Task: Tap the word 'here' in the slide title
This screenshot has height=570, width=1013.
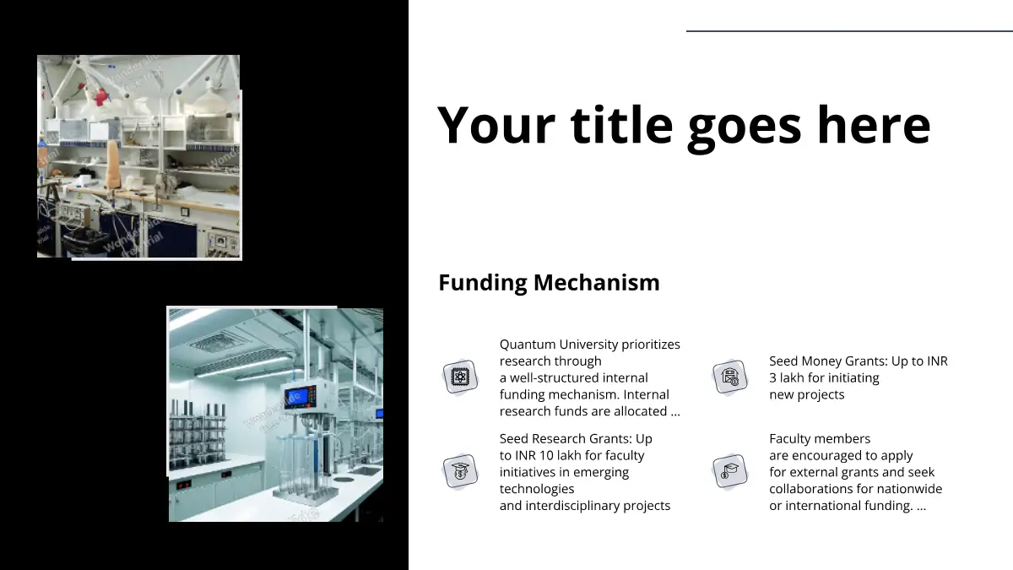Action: tap(874, 123)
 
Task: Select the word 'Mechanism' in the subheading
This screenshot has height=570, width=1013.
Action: tap(597, 282)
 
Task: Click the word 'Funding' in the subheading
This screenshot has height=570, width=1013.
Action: tap(483, 283)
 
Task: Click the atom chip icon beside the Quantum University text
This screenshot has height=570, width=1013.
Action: tap(460, 377)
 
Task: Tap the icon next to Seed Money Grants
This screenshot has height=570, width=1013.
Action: tap(730, 377)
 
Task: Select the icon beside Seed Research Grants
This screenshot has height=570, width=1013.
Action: tap(460, 471)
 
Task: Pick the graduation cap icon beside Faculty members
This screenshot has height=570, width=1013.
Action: tap(730, 471)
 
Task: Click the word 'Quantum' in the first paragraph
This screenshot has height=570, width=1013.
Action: tap(528, 345)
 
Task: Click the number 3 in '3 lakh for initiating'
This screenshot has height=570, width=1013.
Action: tap(772, 377)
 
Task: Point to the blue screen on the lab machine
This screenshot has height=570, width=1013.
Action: tap(297, 397)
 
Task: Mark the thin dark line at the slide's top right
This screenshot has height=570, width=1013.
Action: tap(849, 30)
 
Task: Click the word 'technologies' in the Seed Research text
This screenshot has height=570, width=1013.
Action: tap(537, 489)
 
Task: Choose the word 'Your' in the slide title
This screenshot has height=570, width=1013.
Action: tap(496, 124)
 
